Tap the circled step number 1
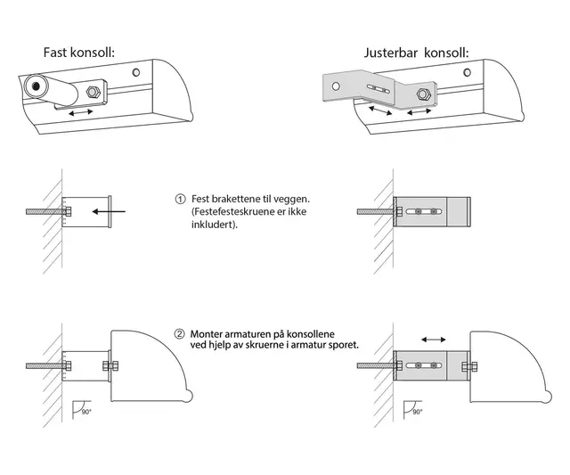click(180, 199)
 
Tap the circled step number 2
click(180, 334)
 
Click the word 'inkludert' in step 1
click(214, 225)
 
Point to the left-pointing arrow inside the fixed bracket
click(110, 211)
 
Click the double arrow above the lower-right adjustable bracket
click(434, 340)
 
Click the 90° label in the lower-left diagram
click(85, 413)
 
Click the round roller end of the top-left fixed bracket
click(38, 87)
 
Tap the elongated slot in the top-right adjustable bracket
click(382, 88)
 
